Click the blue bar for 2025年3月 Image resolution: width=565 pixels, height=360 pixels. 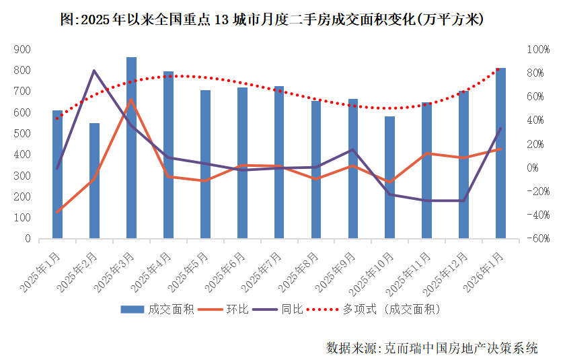point(131,148)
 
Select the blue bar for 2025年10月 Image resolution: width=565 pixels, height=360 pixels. point(390,178)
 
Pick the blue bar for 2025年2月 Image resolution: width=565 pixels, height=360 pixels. point(94,181)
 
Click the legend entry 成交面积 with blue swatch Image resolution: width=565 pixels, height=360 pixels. point(157,310)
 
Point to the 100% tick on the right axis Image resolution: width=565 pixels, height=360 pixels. point(539,49)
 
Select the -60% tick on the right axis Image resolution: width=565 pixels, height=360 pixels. point(539,239)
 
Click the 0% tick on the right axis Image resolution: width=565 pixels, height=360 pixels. point(536,168)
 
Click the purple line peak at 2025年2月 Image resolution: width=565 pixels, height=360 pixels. point(94,70)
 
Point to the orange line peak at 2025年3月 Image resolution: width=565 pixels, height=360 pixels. point(131,100)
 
